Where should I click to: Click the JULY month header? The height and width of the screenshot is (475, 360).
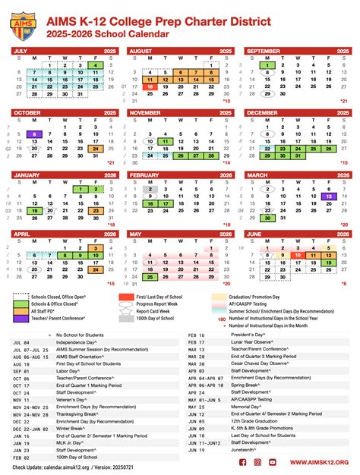point(23,50)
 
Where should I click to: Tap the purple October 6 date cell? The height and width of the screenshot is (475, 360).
point(35,134)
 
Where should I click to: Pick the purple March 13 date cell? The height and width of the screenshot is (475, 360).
point(328,196)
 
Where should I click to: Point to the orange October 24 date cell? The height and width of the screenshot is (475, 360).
point(94,149)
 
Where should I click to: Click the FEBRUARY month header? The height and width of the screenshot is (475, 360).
point(145,175)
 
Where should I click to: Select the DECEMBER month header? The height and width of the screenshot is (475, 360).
point(265,112)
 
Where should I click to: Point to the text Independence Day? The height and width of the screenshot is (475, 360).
point(75,342)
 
